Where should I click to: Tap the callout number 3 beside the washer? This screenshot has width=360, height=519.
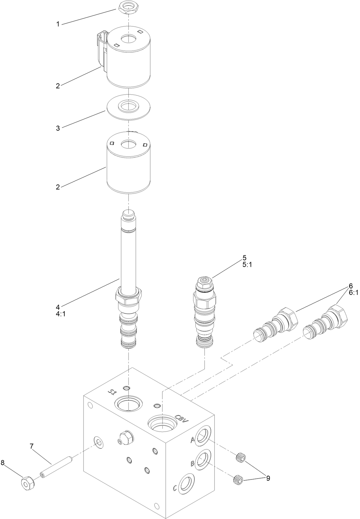58,128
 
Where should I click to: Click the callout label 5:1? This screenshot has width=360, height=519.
247,265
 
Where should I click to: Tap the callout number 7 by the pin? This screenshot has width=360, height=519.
32,446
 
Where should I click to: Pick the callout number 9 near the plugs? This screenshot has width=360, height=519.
268,478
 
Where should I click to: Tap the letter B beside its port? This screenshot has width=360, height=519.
192,464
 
